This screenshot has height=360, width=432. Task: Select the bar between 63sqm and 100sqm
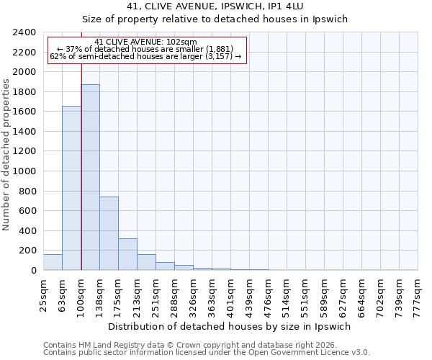pyautogui.click(x=71, y=188)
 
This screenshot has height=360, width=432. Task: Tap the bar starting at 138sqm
pyautogui.click(x=109, y=233)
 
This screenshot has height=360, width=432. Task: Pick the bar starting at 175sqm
pyautogui.click(x=127, y=254)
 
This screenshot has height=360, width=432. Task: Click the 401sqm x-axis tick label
pyautogui.click(x=230, y=295)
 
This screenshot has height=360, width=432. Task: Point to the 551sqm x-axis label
pyautogui.click(x=305, y=295)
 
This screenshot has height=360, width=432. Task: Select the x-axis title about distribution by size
pyautogui.click(x=230, y=326)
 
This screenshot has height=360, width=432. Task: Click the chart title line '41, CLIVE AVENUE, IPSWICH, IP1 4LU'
pyautogui.click(x=215, y=6)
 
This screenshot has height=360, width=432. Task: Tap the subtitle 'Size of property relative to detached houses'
pyautogui.click(x=215, y=19)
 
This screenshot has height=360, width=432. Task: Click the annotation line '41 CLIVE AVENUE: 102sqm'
pyautogui.click(x=145, y=42)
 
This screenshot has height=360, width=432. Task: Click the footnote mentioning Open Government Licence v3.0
pyautogui.click(x=207, y=352)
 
